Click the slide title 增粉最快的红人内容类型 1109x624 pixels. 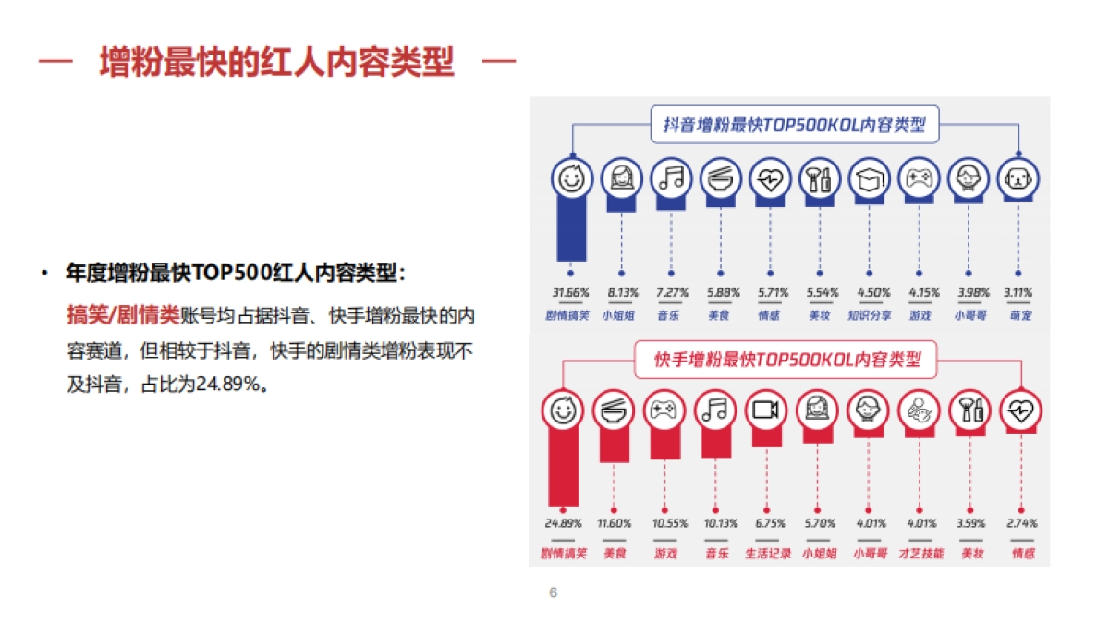click(x=276, y=63)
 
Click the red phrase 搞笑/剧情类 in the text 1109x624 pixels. click(x=123, y=316)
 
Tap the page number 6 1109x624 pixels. click(x=554, y=593)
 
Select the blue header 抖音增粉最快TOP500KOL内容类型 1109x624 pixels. click(x=794, y=124)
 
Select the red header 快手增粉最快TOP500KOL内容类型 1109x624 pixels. click(x=788, y=359)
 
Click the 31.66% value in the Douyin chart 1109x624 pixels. click(x=571, y=293)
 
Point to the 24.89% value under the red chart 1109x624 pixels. click(x=563, y=523)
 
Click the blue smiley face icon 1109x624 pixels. click(x=572, y=178)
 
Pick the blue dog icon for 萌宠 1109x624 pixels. click(x=1018, y=178)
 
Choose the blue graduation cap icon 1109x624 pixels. click(x=869, y=178)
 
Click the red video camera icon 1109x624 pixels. click(x=765, y=411)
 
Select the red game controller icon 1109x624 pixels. click(x=664, y=411)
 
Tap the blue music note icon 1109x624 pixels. click(x=671, y=178)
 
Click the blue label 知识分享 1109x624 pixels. click(x=869, y=315)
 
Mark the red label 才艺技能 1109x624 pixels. click(x=920, y=554)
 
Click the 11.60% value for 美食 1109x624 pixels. click(x=615, y=523)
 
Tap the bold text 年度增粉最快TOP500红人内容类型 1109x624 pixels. click(x=235, y=273)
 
